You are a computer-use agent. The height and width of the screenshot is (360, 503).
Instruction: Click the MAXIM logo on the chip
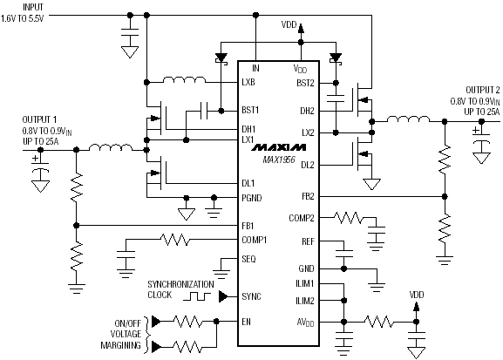(x=278, y=147)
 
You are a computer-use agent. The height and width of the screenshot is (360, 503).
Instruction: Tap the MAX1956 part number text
(x=278, y=160)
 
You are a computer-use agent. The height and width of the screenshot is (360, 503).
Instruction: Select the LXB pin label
(x=248, y=83)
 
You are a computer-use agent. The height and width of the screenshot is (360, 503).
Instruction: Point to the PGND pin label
(x=251, y=198)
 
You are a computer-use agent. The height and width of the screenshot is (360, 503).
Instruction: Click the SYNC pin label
(x=251, y=296)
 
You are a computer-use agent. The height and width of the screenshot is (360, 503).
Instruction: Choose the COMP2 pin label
(x=302, y=218)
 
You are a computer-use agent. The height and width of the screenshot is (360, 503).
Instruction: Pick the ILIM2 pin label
(x=305, y=301)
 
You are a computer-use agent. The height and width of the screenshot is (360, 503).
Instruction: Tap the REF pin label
(x=308, y=241)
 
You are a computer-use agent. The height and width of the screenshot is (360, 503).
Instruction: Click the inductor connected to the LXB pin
(x=185, y=80)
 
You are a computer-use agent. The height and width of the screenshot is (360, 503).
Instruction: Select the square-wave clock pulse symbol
(x=197, y=296)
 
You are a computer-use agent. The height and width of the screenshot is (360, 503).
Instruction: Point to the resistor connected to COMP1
(x=175, y=240)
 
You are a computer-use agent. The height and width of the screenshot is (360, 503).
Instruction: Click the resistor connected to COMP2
(x=349, y=218)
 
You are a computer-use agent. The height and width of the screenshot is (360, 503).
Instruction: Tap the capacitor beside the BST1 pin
(x=204, y=111)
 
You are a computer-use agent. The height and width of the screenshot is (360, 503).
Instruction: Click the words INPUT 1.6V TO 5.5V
(x=22, y=13)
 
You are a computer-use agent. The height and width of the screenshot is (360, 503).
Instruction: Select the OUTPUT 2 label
(x=482, y=90)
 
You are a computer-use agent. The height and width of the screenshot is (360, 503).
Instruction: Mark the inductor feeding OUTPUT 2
(x=408, y=119)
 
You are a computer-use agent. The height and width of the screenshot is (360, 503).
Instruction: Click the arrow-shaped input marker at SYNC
(x=223, y=296)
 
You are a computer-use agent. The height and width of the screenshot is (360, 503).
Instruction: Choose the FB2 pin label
(x=308, y=196)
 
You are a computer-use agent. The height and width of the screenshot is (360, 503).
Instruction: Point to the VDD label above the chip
(x=289, y=24)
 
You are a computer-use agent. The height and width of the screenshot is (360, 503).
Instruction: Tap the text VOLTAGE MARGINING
(x=121, y=340)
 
